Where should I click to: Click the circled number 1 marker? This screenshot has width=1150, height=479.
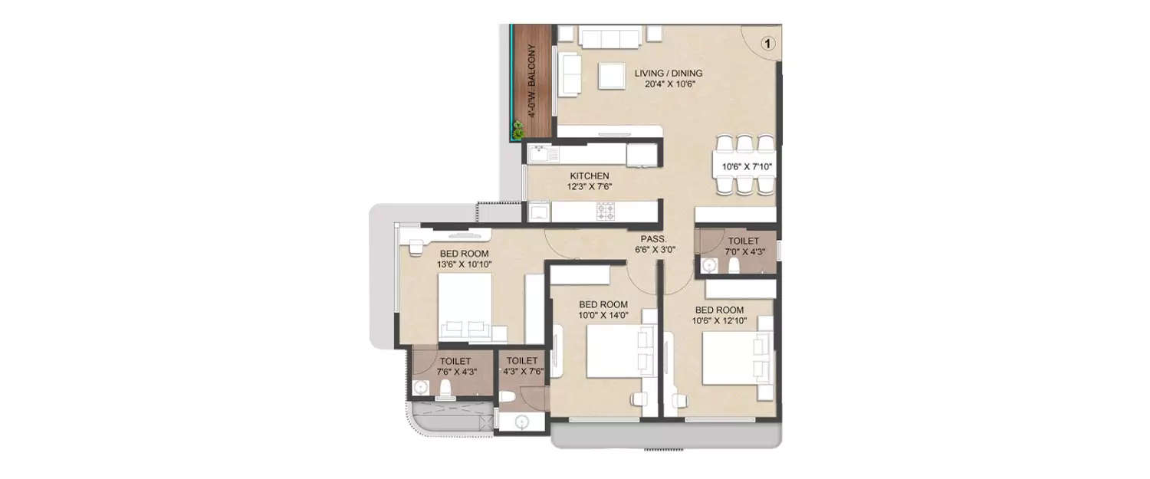click(767, 44)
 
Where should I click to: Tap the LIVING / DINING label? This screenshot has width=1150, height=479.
click(669, 74)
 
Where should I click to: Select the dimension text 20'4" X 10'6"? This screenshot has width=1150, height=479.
click(669, 85)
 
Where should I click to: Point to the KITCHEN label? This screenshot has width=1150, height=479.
click(589, 176)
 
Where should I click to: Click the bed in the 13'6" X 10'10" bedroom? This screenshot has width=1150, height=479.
click(465, 307)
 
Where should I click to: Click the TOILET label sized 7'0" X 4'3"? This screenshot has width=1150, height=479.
click(743, 241)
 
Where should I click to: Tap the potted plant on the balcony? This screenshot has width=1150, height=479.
click(519, 130)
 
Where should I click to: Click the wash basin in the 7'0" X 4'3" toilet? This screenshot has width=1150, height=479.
click(709, 265)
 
